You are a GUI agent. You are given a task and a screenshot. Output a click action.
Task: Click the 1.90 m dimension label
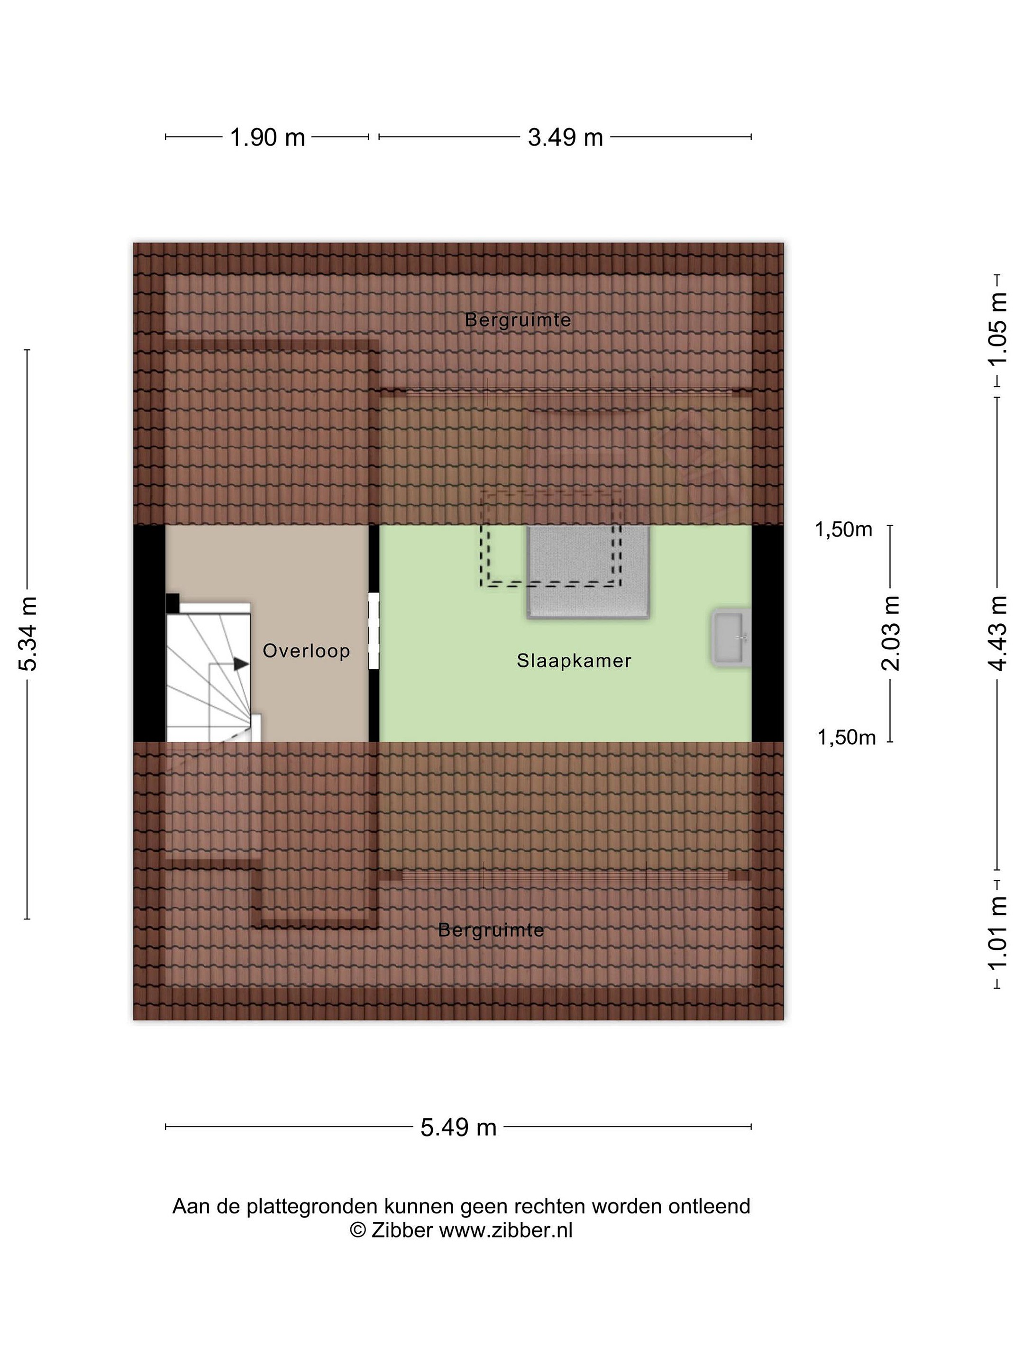tap(267, 137)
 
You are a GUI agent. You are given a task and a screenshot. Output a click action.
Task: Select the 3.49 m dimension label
tap(565, 137)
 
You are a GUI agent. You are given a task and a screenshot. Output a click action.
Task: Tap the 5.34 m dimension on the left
tap(28, 634)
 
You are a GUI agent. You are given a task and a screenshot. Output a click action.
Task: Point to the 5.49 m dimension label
tap(458, 1128)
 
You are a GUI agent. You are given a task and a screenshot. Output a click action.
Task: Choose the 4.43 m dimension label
tap(997, 634)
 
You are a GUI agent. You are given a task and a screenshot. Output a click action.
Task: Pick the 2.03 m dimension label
tap(891, 634)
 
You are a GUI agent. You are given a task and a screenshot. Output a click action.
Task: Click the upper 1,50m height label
tap(843, 529)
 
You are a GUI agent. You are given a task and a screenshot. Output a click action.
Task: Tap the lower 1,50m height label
tap(846, 737)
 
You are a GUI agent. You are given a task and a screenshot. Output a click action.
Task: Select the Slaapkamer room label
tap(574, 661)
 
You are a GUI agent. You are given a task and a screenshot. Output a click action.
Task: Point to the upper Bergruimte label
tap(518, 319)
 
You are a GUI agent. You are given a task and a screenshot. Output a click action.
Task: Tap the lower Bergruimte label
tap(491, 930)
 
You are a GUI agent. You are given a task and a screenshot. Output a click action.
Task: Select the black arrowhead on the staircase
tap(241, 664)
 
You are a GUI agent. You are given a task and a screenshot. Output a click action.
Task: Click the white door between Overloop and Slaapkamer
tap(374, 631)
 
